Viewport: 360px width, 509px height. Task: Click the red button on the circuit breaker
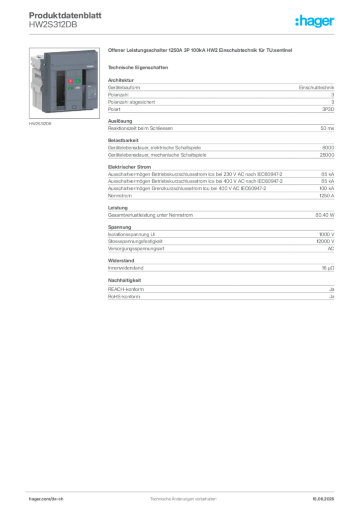click(70, 81)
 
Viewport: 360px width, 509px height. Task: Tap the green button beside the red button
click(78, 81)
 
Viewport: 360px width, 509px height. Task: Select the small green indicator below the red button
click(70, 88)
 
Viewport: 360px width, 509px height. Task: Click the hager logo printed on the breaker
click(90, 66)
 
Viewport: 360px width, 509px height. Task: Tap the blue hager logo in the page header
click(315, 21)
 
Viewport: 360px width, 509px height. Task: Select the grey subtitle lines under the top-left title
click(53, 25)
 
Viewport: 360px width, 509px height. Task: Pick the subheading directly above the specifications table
click(139, 67)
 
